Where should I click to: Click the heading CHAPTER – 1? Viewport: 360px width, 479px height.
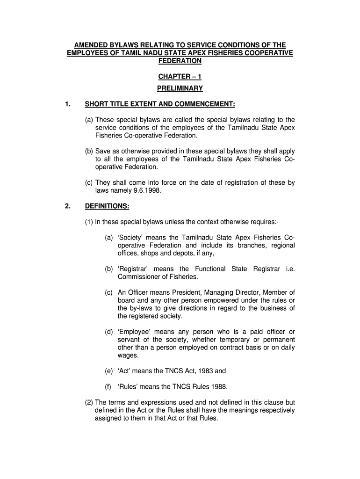pyautogui.click(x=180, y=77)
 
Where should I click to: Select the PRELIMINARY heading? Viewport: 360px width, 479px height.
pyautogui.click(x=180, y=88)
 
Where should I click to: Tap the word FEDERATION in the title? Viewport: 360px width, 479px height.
pyautogui.click(x=180, y=61)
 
